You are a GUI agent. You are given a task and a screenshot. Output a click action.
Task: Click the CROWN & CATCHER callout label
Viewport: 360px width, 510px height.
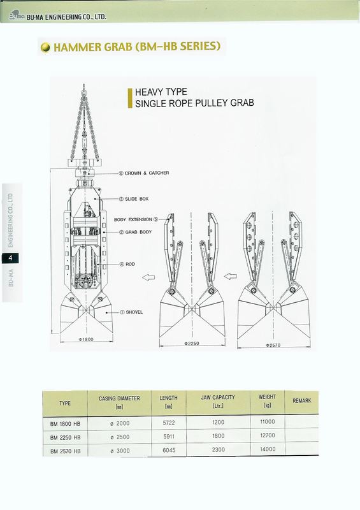pyautogui.click(x=144, y=173)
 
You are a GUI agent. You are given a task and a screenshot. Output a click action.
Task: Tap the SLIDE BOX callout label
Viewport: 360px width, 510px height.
pyautogui.click(x=134, y=199)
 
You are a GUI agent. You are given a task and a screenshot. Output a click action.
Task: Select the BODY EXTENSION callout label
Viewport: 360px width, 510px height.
pyautogui.click(x=136, y=219)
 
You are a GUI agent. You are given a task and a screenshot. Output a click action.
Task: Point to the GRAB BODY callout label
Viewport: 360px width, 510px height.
pyautogui.click(x=135, y=232)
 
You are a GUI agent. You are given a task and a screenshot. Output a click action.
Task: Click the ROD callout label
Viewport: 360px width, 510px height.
pyautogui.click(x=127, y=264)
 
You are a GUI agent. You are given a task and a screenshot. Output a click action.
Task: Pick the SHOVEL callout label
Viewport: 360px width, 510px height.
pyautogui.click(x=131, y=312)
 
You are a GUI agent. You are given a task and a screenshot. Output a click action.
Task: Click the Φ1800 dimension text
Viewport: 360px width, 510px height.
pyautogui.click(x=86, y=339)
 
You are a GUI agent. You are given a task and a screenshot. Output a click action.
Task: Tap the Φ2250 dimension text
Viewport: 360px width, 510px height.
pyautogui.click(x=192, y=344)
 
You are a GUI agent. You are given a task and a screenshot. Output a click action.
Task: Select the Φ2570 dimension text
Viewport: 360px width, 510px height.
pyautogui.click(x=273, y=345)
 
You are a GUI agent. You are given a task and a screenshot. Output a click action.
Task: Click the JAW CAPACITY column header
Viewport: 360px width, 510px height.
pyautogui.click(x=218, y=402)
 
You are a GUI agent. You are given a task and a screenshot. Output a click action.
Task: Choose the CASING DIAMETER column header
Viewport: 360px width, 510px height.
pyautogui.click(x=119, y=402)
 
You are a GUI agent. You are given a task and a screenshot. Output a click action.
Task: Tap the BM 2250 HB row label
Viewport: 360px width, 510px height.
pyautogui.click(x=65, y=437)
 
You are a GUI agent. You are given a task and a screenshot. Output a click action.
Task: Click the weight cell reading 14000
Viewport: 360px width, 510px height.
pyautogui.click(x=268, y=449)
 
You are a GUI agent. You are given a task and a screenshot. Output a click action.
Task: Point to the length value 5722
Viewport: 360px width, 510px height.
pyautogui.click(x=169, y=423)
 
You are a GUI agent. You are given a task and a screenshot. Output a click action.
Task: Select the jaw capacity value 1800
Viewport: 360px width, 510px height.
pyautogui.click(x=218, y=436)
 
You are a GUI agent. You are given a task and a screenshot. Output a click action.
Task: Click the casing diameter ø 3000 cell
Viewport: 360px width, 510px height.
pyautogui.click(x=120, y=451)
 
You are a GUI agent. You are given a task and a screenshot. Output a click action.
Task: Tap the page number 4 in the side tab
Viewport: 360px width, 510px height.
pyautogui.click(x=10, y=258)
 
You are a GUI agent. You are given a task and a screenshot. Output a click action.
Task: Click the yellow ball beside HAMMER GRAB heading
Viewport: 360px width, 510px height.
pyautogui.click(x=45, y=47)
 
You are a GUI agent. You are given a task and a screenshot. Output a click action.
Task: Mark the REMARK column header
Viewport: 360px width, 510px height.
pyautogui.click(x=302, y=401)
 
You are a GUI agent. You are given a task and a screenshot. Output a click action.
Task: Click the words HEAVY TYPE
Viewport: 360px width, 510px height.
pyautogui.click(x=161, y=92)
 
